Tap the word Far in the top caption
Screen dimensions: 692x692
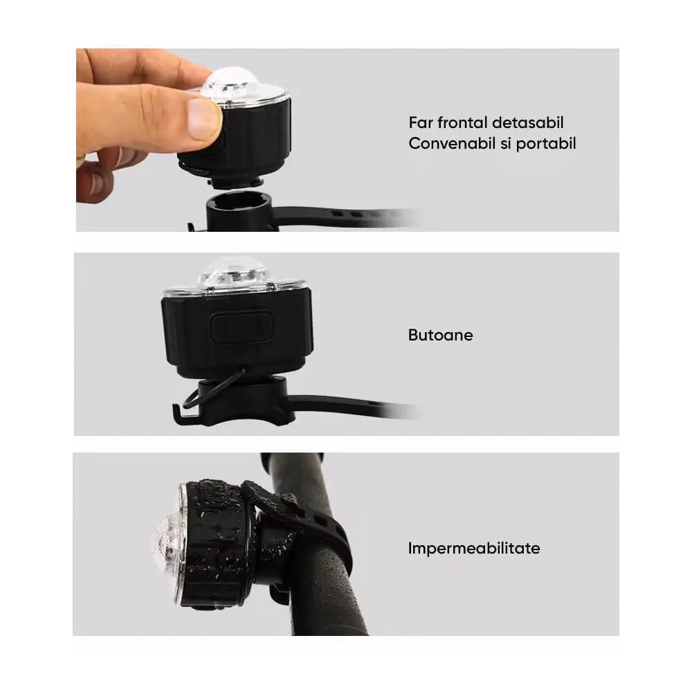[x=421, y=122]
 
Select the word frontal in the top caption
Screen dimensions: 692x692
[x=462, y=122]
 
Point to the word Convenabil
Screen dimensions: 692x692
[x=452, y=143]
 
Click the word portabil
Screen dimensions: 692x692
[x=546, y=144]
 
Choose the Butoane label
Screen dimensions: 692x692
[x=440, y=335]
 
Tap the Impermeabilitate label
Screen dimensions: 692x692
[x=474, y=549]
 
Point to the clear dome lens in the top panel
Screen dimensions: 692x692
[x=231, y=83]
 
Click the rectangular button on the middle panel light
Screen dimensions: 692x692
[x=242, y=327]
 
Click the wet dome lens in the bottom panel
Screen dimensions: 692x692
[x=166, y=542]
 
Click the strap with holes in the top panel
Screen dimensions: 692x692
[x=344, y=216]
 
